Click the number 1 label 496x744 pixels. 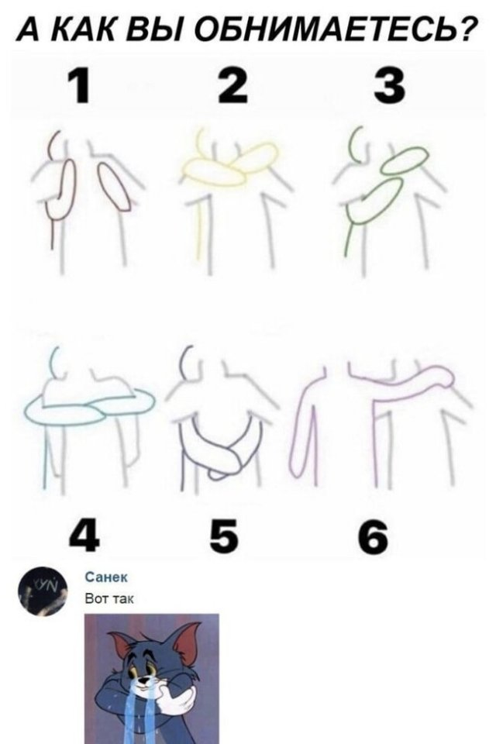[78, 86]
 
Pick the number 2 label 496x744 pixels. [232, 86]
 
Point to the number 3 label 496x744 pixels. [389, 86]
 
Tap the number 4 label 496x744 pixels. [84, 537]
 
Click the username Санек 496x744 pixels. [106, 577]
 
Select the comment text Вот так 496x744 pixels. [109, 599]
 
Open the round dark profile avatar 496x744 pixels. [43, 591]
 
